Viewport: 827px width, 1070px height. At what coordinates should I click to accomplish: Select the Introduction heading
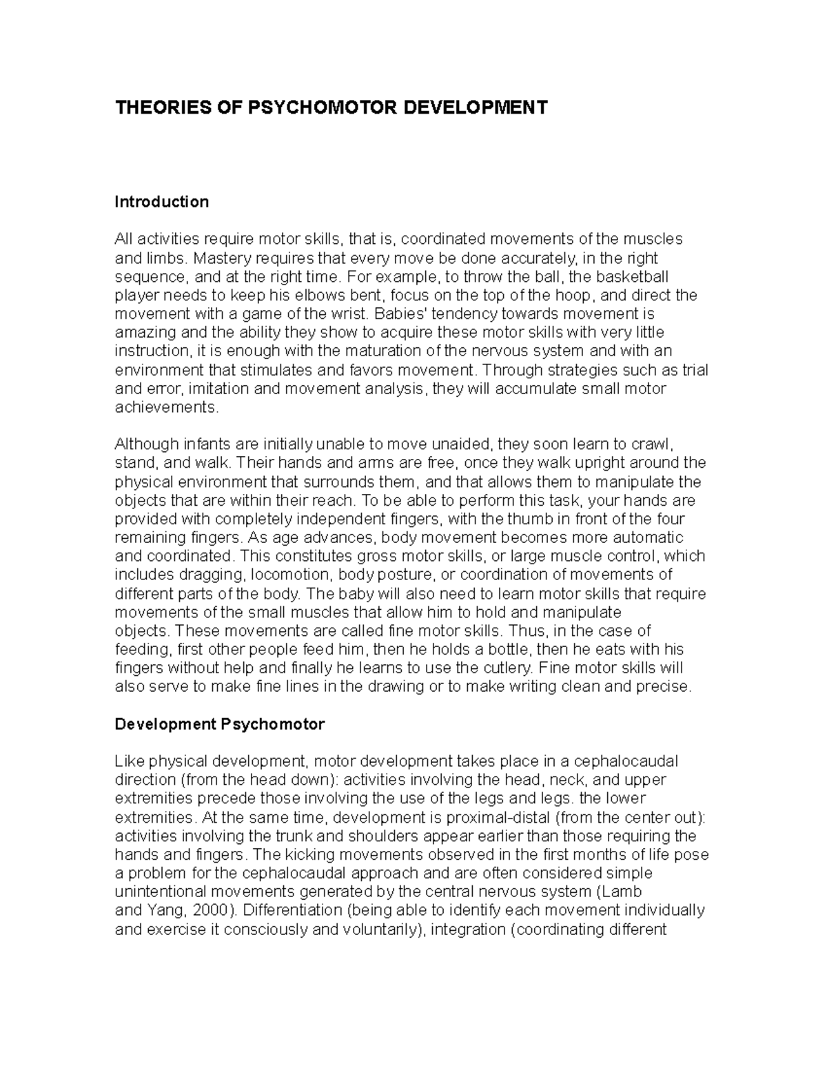click(x=161, y=202)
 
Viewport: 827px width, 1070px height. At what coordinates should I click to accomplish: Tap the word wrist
click(x=349, y=314)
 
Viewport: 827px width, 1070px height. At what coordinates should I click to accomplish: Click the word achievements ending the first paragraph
click(x=165, y=407)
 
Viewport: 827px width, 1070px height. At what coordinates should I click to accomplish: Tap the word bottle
click(x=508, y=649)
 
